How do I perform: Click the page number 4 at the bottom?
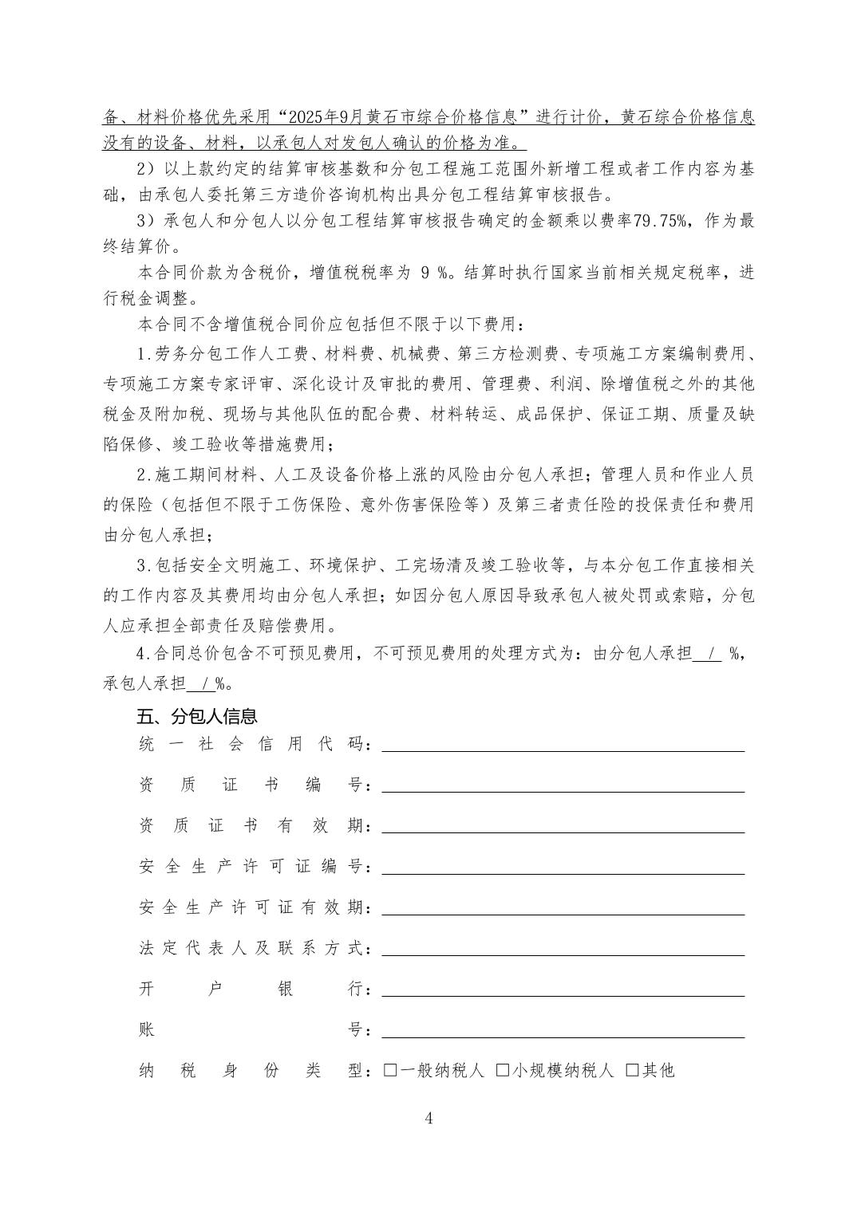click(x=428, y=1118)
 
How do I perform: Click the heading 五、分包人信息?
click(x=197, y=716)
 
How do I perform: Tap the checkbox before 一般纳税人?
click(x=390, y=1070)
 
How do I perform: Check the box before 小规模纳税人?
click(x=503, y=1070)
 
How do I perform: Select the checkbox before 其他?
click(x=632, y=1070)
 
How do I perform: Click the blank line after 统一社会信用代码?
click(x=563, y=747)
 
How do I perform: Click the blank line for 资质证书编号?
click(x=563, y=788)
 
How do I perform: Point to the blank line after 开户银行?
click(x=563, y=992)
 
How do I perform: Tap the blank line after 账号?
click(x=563, y=1033)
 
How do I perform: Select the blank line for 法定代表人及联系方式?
click(x=563, y=951)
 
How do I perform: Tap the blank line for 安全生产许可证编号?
click(x=563, y=870)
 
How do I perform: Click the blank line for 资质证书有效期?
click(x=563, y=829)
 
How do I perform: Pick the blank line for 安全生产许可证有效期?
click(x=563, y=911)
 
